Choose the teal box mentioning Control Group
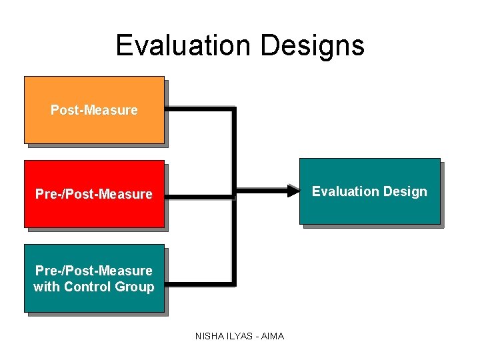click(94, 297)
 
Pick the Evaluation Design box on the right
click(369, 207)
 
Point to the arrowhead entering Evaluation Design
click(294, 191)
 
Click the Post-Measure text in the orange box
click(94, 110)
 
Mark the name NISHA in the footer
click(209, 336)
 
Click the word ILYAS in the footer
click(240, 336)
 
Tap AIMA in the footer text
click(273, 336)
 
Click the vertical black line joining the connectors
click(234, 240)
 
